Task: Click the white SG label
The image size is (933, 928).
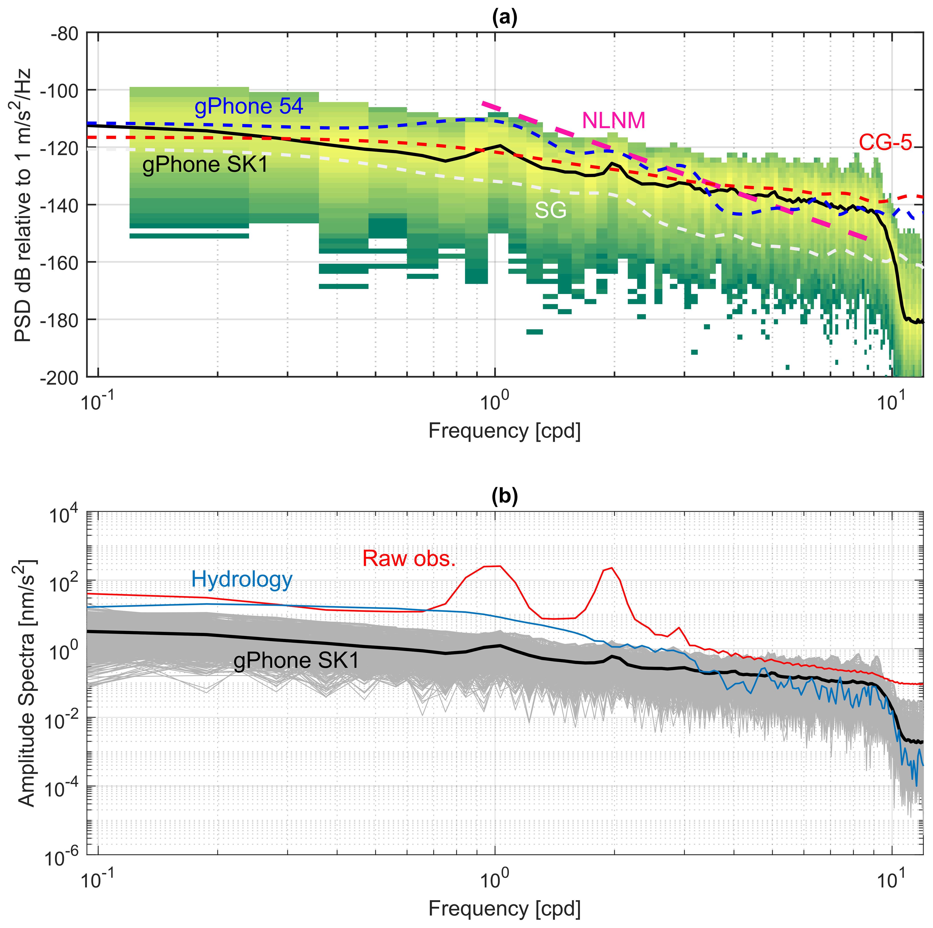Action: [550, 210]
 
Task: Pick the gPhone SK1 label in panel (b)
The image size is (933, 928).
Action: [296, 661]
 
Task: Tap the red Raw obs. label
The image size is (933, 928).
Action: [409, 559]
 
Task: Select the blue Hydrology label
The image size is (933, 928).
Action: [242, 579]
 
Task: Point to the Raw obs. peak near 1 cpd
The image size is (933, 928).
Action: [493, 566]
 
